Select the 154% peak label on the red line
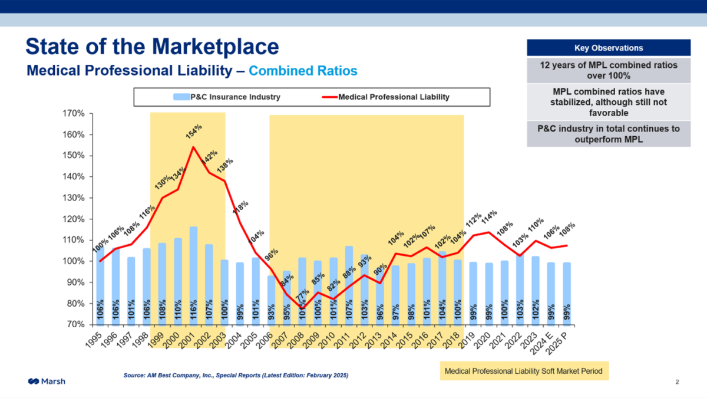pyautogui.click(x=193, y=131)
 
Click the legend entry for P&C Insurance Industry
pyautogui.click(x=227, y=97)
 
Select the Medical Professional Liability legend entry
pyautogui.click(x=386, y=97)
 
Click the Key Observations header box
pyautogui.click(x=608, y=48)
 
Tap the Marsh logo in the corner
pyautogui.click(x=46, y=381)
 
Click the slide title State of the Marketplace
pyautogui.click(x=152, y=47)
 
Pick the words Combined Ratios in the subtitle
pyautogui.click(x=303, y=71)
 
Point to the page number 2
pyautogui.click(x=678, y=382)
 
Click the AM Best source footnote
pyautogui.click(x=236, y=375)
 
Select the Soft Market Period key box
pyautogui.click(x=524, y=371)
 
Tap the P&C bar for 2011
pyautogui.click(x=349, y=285)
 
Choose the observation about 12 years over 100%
pyautogui.click(x=608, y=70)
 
